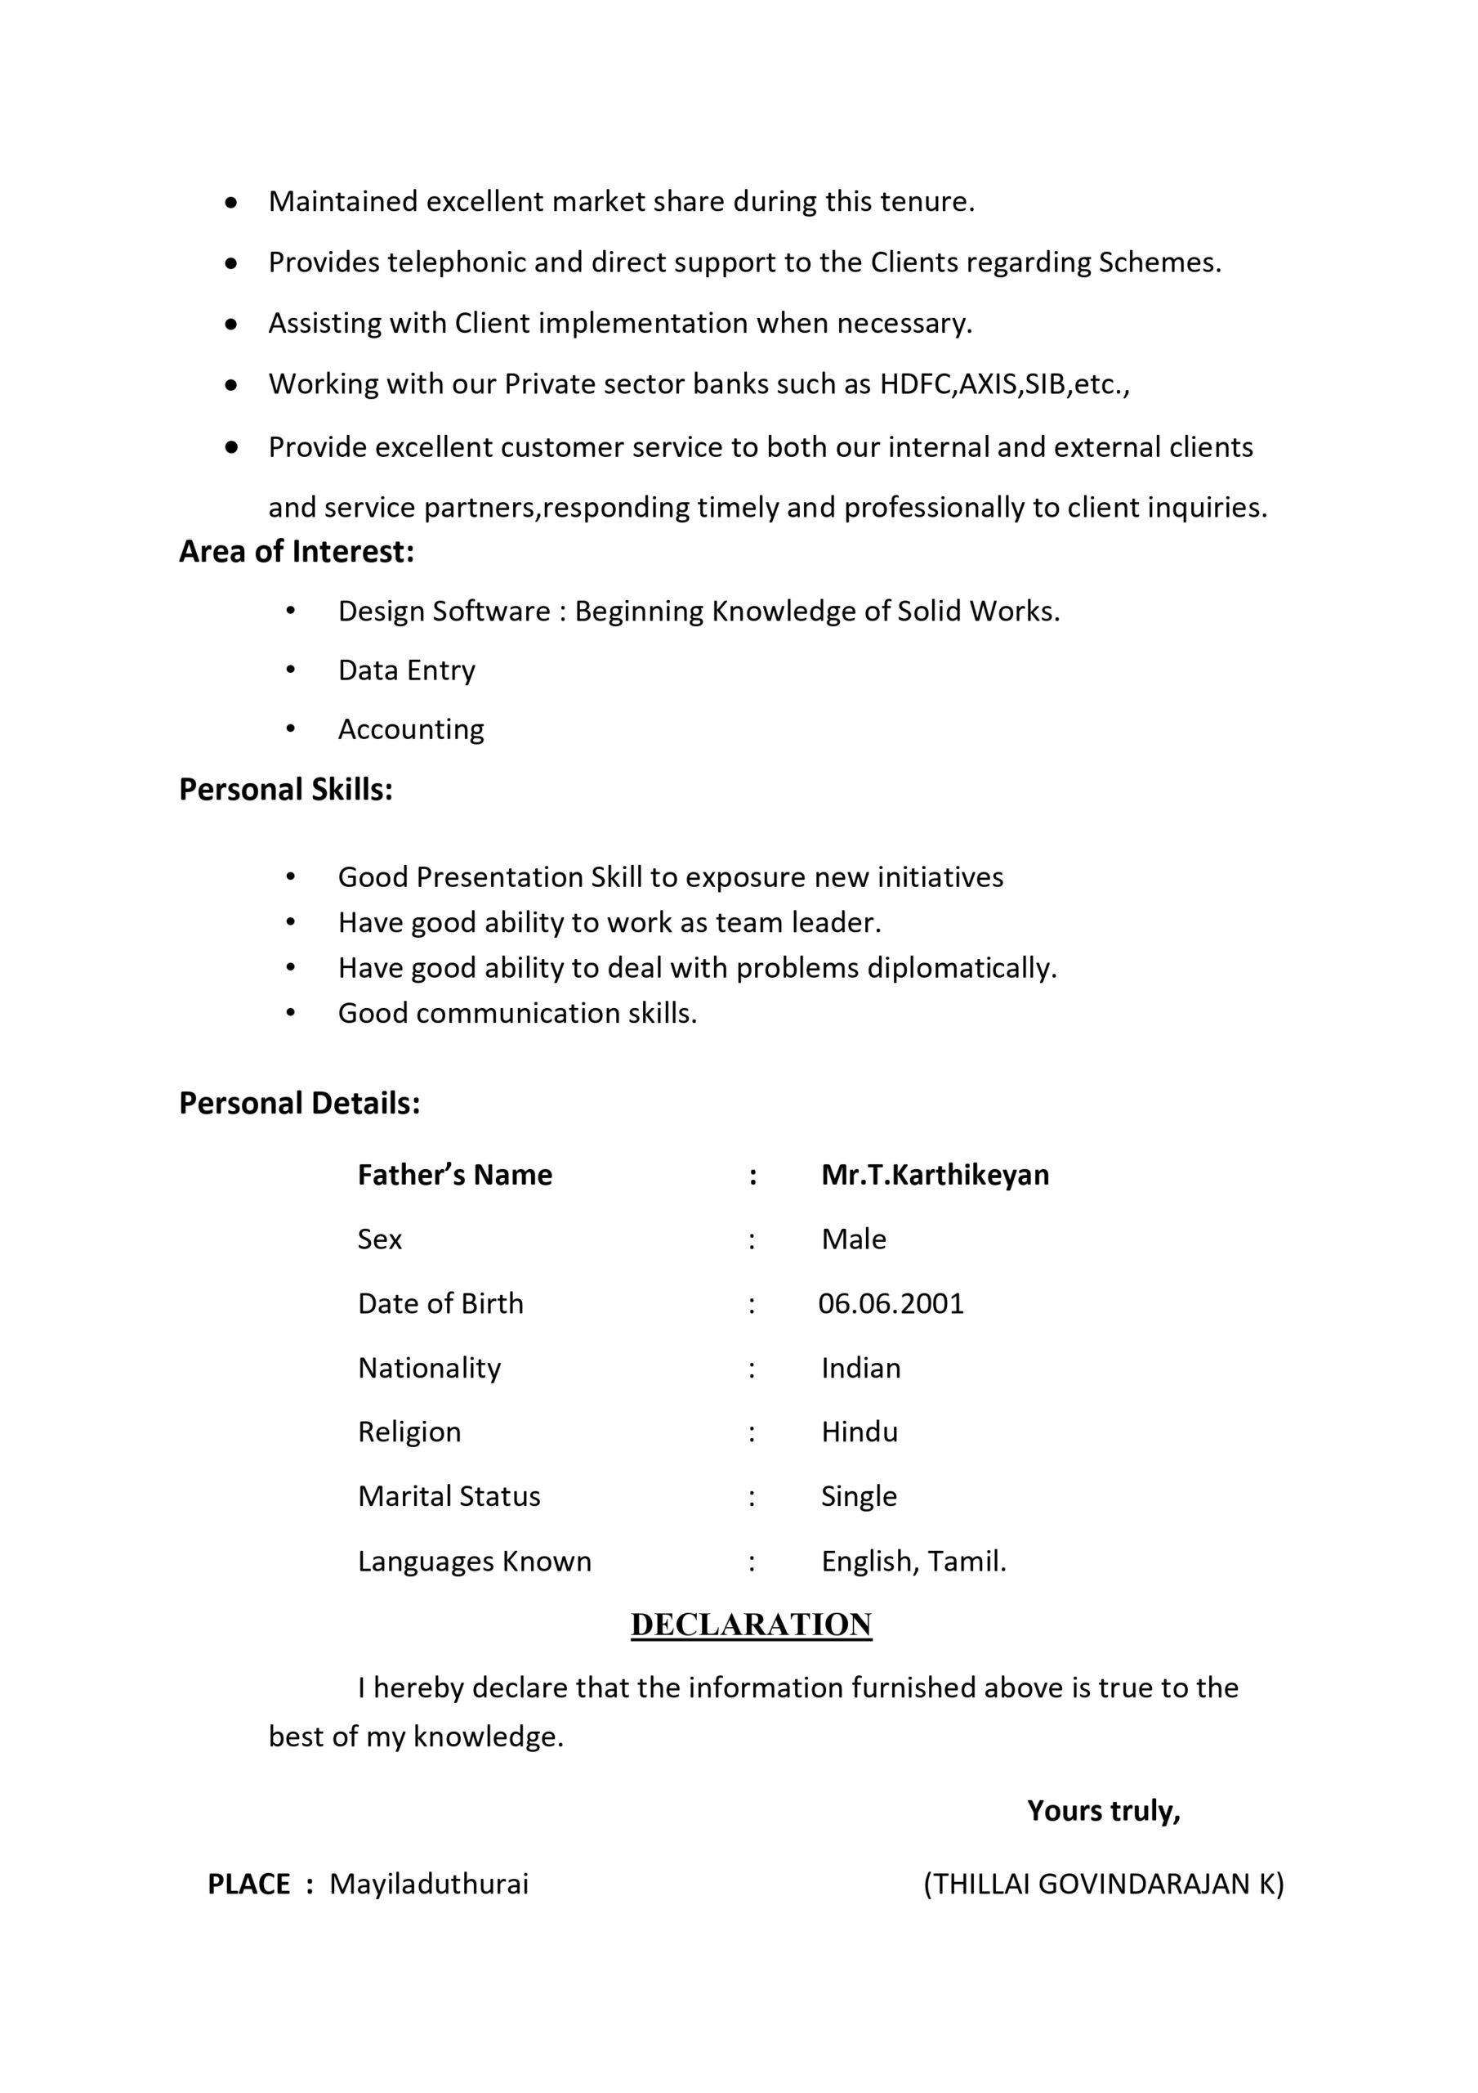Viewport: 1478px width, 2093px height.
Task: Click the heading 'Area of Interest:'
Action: (x=296, y=552)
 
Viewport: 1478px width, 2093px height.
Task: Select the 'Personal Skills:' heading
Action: (x=285, y=790)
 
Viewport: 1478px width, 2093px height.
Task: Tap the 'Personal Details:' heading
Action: (x=299, y=1103)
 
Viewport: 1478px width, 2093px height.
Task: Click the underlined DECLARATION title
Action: (x=751, y=1625)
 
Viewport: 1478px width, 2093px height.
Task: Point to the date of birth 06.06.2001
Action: (x=891, y=1303)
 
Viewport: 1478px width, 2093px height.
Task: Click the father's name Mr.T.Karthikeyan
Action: (x=935, y=1175)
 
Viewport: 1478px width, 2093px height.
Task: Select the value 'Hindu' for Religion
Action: (x=860, y=1432)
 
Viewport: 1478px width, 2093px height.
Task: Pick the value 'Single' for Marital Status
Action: (x=859, y=1497)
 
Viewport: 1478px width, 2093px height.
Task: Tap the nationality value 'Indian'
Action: (x=860, y=1369)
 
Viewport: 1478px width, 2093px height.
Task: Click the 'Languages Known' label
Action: (x=474, y=1562)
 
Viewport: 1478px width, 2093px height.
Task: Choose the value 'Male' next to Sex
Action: (x=853, y=1239)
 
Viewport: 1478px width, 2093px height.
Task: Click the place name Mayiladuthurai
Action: (x=428, y=1884)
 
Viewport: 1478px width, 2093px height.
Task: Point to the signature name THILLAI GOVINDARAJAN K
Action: (x=1104, y=1884)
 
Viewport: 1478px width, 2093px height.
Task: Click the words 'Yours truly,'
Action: (x=1104, y=1810)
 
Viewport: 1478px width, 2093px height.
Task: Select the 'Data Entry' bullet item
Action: (x=406, y=670)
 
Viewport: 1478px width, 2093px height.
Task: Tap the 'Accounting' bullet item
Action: (x=411, y=729)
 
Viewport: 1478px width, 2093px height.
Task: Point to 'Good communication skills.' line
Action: (x=516, y=1013)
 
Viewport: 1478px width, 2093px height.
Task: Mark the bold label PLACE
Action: (x=248, y=1885)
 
